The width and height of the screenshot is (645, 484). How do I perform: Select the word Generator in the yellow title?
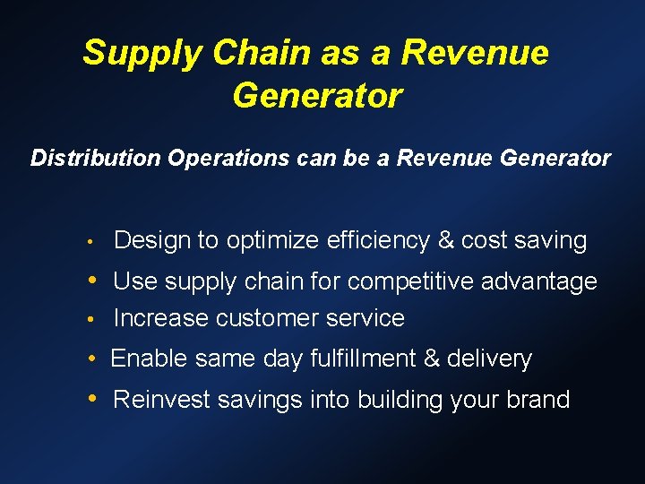pos(317,94)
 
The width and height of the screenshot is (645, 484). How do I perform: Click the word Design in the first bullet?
pos(152,240)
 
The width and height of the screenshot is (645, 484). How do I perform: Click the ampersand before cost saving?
pos(446,240)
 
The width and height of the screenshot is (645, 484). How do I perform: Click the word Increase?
pos(158,318)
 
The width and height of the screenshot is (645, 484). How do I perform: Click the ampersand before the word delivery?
pos(431,359)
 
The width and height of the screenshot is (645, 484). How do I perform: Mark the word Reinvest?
pos(162,399)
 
